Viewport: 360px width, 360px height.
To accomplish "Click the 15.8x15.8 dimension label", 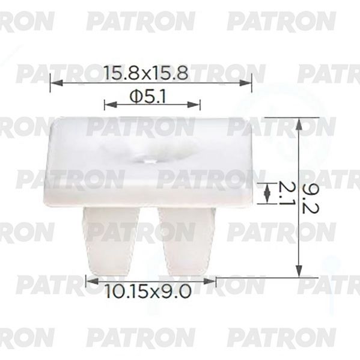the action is [x=146, y=73].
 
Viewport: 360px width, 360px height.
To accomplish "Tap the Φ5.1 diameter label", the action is [x=148, y=96].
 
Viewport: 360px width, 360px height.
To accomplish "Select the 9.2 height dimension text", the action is [x=310, y=198].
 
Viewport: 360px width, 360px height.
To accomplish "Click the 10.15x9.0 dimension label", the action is [x=148, y=291].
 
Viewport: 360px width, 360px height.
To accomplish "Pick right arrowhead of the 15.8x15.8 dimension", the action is [x=245, y=83].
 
